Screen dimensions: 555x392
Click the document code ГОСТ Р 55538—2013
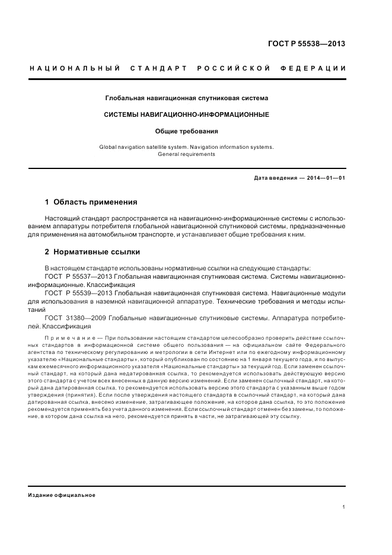[x=307, y=44]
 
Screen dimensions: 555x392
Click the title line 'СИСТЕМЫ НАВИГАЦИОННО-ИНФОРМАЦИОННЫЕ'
[x=187, y=114]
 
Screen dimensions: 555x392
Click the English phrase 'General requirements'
[x=187, y=154]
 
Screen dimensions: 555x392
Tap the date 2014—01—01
[x=326, y=178]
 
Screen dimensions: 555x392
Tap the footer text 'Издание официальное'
[x=62, y=495]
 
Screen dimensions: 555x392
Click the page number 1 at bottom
[x=344, y=507]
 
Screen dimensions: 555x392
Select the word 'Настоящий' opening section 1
[x=62, y=219]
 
